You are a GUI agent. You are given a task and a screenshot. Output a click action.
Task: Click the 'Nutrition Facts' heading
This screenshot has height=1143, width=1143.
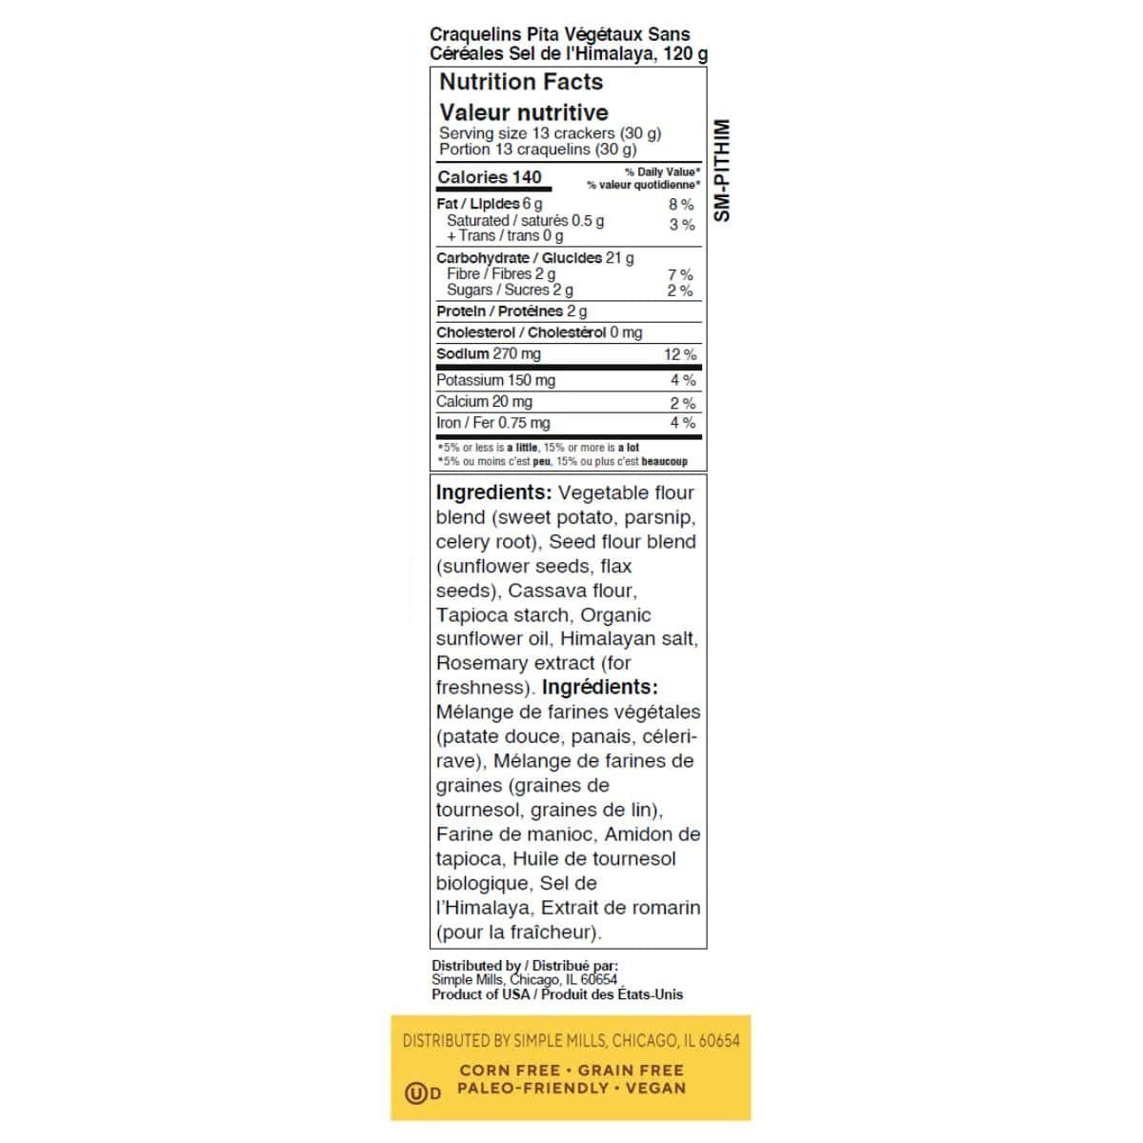(521, 82)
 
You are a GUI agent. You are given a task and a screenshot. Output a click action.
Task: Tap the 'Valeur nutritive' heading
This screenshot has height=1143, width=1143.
(524, 112)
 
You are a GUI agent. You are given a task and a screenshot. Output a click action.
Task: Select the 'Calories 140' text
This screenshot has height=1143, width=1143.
(490, 177)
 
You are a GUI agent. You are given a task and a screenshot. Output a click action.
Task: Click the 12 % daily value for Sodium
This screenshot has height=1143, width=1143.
(680, 354)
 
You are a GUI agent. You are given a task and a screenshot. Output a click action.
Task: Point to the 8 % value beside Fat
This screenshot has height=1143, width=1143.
(681, 205)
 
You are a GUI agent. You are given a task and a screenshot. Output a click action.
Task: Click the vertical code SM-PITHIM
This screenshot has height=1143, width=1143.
(722, 170)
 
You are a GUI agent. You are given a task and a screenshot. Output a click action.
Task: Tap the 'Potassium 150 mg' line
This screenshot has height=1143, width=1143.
(495, 380)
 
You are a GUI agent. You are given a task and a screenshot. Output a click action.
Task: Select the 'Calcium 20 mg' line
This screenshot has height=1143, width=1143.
(484, 402)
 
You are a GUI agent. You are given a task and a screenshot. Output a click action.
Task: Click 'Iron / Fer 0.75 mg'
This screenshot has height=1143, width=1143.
(493, 423)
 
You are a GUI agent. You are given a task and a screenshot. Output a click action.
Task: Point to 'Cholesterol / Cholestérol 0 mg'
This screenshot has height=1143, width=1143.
(539, 332)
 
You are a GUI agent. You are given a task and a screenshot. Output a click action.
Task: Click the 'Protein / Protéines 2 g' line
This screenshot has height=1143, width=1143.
(511, 311)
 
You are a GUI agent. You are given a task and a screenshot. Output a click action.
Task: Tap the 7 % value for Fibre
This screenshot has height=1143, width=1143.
(680, 274)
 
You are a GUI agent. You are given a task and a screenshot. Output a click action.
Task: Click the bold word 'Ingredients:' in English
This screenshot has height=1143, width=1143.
(493, 492)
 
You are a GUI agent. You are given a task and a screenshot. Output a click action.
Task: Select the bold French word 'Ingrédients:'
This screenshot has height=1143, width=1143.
(600, 687)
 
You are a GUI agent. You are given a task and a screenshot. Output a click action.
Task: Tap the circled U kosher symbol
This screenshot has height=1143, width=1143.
(417, 1093)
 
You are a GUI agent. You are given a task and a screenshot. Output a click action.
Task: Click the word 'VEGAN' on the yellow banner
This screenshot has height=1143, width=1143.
(655, 1088)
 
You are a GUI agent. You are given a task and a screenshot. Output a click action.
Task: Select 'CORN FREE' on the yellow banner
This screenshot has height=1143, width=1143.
(510, 1071)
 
